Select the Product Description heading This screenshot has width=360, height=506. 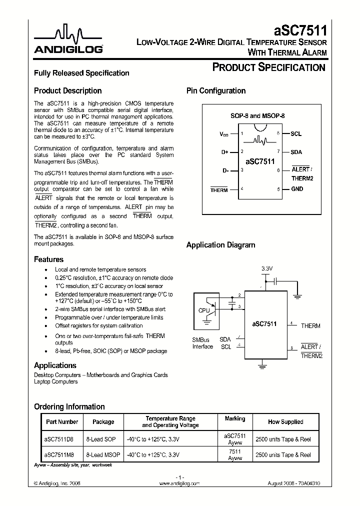67,91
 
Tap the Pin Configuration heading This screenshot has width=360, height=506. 216,91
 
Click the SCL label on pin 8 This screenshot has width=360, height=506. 296,134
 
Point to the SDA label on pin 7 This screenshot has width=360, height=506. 296,152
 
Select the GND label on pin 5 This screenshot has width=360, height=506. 297,189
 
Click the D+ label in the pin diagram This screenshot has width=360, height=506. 224,152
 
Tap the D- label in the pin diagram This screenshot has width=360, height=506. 225,170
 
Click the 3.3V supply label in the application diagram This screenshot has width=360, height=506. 267,269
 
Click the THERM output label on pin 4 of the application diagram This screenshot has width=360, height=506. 310,326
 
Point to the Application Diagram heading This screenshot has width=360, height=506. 220,245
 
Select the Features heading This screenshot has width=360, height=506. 48,259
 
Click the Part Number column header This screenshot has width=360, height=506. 62,422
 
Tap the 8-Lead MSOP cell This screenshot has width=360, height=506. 103,455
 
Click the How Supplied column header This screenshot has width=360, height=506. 285,422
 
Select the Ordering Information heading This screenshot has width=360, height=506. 69,407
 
